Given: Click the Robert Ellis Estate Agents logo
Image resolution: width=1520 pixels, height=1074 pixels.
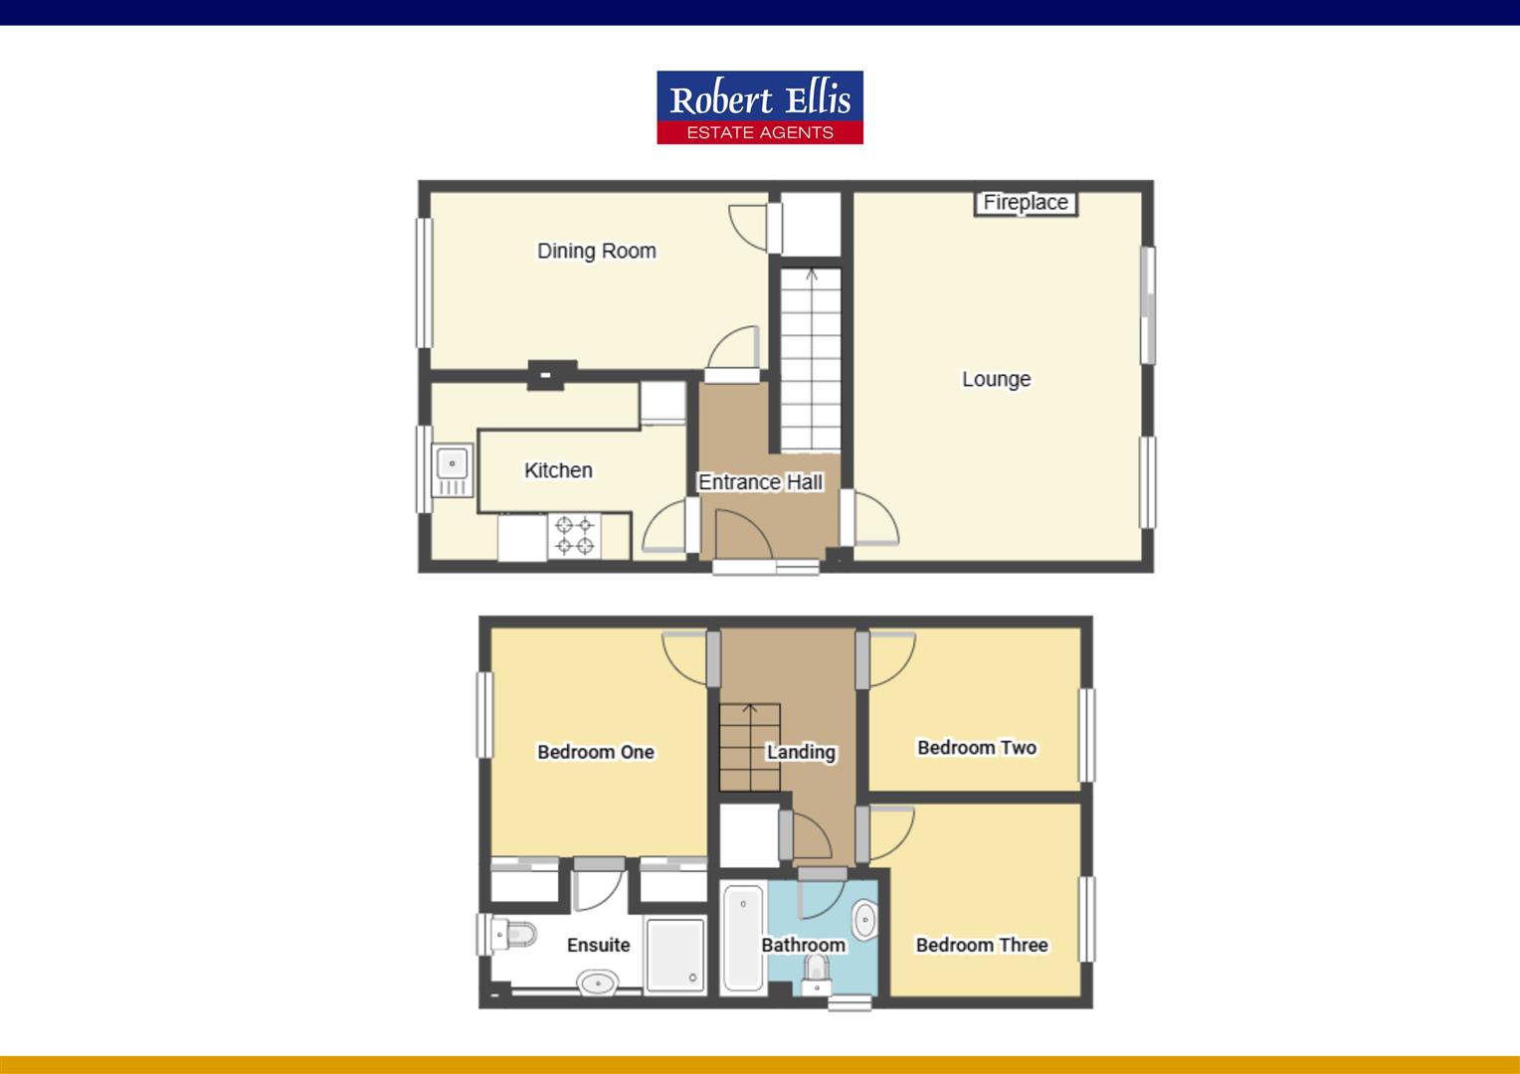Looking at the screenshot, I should coord(759,107).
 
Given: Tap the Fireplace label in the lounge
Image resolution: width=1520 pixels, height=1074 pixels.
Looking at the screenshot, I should coord(1025,203).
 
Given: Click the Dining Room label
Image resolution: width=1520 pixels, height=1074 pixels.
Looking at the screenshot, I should coord(596,251).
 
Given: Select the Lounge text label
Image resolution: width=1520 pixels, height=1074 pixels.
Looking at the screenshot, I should coord(995,379).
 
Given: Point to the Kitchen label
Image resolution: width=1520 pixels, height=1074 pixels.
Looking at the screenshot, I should coord(557,470).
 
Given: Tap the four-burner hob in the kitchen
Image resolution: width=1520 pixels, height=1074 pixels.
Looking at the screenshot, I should coord(574,536).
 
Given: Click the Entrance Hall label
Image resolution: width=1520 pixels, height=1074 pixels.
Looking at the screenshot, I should coord(760,482).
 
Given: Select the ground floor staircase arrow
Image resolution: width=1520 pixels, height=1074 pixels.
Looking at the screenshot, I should coord(811,275).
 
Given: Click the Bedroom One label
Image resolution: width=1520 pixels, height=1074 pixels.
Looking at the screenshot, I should coord(595,752).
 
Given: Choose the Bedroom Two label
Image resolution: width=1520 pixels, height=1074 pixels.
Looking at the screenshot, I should coord(976,747).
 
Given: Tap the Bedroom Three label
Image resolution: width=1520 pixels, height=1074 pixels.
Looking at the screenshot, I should coord(981,945).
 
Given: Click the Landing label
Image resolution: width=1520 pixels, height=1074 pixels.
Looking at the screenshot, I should coord(800,752).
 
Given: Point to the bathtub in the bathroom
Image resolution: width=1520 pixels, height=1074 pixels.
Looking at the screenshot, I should coord(742,938).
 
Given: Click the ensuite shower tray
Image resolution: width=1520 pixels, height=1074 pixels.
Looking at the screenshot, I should coord(674,955).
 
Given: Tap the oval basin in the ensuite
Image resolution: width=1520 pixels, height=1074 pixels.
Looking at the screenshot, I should coord(598,984).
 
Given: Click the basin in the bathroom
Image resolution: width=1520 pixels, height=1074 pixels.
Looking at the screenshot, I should coord(863,920).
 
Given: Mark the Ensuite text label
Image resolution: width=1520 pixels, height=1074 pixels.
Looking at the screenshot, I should coord(598,945).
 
